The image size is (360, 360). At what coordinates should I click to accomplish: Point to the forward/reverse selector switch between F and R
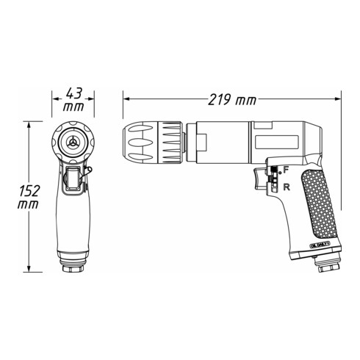pos(273,178)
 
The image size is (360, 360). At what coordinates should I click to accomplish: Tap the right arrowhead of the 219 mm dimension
pos(339,97)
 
